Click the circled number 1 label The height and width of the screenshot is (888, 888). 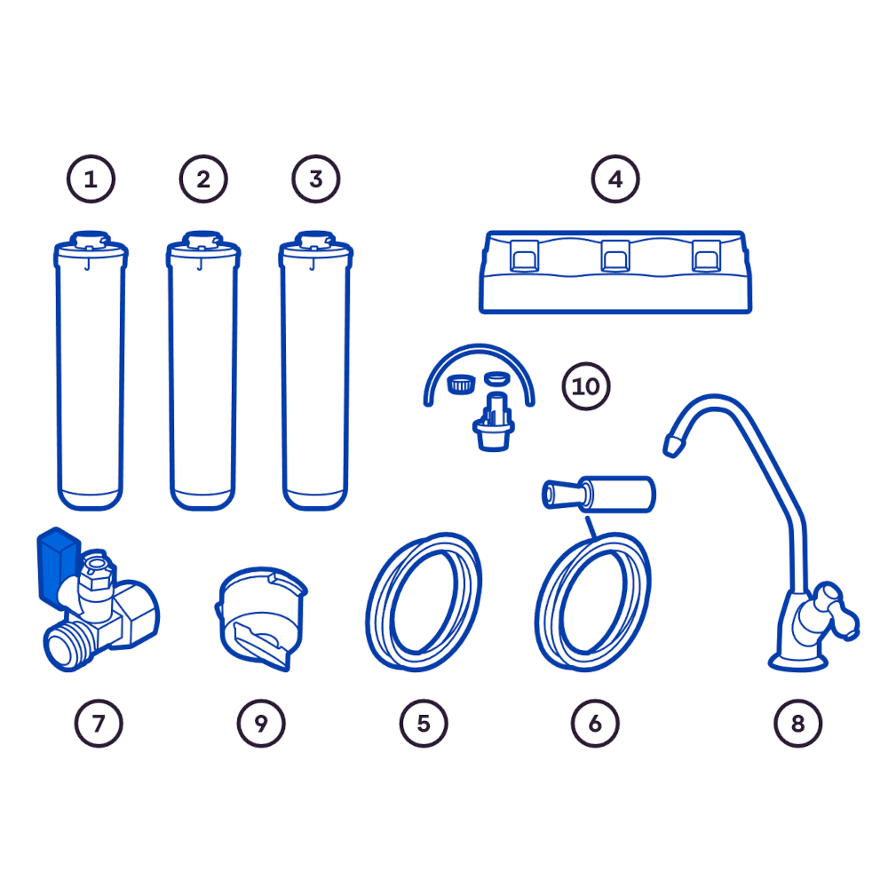91,179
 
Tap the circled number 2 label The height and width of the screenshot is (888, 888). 203,179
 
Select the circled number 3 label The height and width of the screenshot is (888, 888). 316,179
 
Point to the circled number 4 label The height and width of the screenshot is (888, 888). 615,179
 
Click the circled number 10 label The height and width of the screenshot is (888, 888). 586,386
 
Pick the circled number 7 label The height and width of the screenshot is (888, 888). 99,723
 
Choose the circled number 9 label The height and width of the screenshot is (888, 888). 261,723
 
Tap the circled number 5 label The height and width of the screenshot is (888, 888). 424,723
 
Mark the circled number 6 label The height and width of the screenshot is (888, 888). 595,723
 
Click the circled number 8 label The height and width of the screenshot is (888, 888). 798,723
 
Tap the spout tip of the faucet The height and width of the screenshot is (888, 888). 673,445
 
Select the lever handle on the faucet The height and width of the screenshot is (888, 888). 837,611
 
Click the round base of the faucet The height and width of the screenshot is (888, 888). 798,662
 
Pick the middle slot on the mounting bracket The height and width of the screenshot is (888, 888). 615,256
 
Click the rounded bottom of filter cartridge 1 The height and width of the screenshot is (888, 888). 90,498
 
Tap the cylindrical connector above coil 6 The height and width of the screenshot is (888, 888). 599,495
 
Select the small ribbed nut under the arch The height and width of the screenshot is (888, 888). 461,385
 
